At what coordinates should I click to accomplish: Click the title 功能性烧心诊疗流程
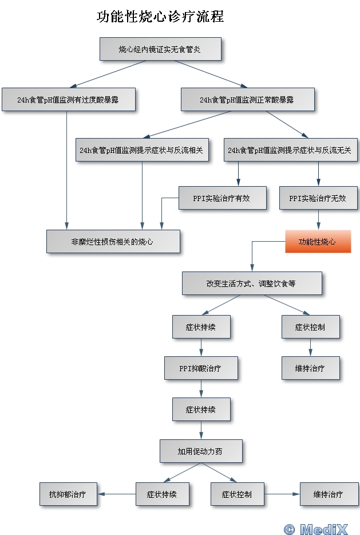[x=160, y=17]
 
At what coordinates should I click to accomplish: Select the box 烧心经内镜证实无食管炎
[x=160, y=49]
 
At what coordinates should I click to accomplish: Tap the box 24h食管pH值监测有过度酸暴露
[x=69, y=99]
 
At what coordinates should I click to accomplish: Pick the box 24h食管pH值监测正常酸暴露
[x=247, y=99]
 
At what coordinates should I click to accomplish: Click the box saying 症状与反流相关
[x=142, y=150]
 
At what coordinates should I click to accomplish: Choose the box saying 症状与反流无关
[x=290, y=150]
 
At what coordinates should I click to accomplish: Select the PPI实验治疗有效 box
[x=222, y=198]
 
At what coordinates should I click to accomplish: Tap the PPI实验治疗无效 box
[x=318, y=198]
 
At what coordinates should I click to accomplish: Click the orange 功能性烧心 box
[x=318, y=242]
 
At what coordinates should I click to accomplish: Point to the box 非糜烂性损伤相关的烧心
[x=113, y=242]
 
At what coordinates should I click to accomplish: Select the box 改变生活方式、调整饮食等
[x=252, y=283]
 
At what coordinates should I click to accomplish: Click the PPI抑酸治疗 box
[x=201, y=368]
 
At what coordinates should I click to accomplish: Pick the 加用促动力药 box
[x=201, y=451]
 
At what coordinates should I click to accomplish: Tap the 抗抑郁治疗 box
[x=68, y=494]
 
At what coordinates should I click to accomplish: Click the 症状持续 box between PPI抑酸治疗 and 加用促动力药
[x=201, y=409]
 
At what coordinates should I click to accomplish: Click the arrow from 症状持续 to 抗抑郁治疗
[x=117, y=494]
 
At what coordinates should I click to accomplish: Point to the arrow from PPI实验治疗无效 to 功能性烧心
[x=318, y=220]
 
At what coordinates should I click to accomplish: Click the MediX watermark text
[x=324, y=529]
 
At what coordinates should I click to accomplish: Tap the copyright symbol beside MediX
[x=289, y=529]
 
